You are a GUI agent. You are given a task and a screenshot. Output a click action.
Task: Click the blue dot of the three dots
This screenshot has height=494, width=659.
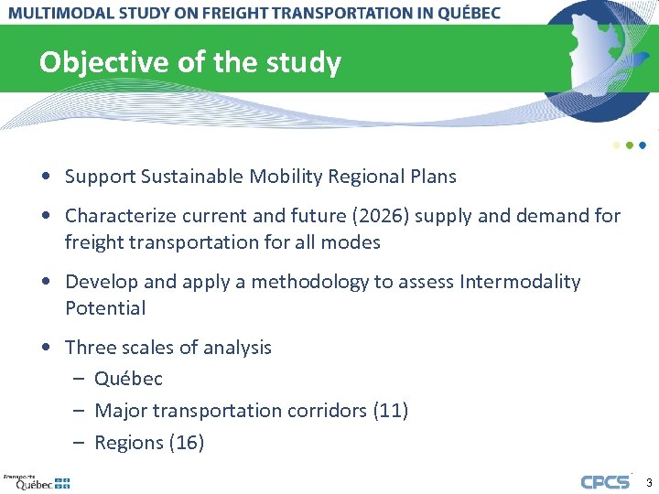[643, 145]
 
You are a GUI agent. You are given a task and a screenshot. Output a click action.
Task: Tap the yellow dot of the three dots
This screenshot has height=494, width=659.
[617, 145]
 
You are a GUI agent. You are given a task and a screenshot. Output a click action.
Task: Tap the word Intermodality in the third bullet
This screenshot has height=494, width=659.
[519, 282]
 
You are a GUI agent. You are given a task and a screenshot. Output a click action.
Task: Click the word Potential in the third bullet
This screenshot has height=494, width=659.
[105, 308]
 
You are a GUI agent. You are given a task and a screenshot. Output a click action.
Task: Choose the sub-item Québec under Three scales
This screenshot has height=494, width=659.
[128, 379]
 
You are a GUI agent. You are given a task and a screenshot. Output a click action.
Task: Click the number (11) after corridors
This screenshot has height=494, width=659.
[391, 411]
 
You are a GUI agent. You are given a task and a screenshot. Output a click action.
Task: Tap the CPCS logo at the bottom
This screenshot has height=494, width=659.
[605, 482]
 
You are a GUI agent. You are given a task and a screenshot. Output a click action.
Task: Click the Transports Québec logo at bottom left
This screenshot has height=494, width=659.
[37, 481]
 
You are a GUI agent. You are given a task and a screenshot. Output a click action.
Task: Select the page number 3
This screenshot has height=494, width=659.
[649, 482]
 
